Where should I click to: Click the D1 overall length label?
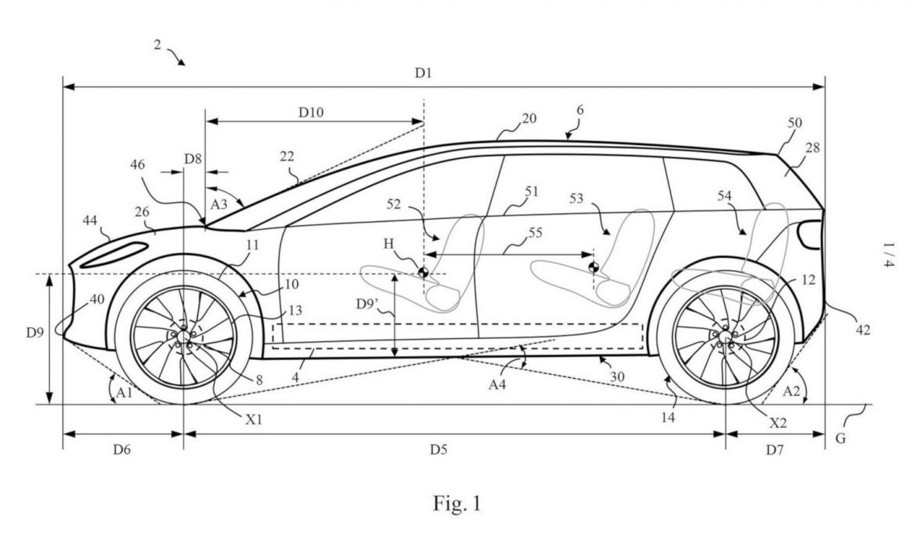tap(423, 72)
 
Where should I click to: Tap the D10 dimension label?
tap(313, 111)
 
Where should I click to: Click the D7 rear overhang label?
tap(776, 450)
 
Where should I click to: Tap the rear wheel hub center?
tap(725, 336)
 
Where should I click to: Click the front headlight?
tap(114, 255)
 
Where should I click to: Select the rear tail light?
tap(809, 235)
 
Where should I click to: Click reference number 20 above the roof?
tap(529, 118)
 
